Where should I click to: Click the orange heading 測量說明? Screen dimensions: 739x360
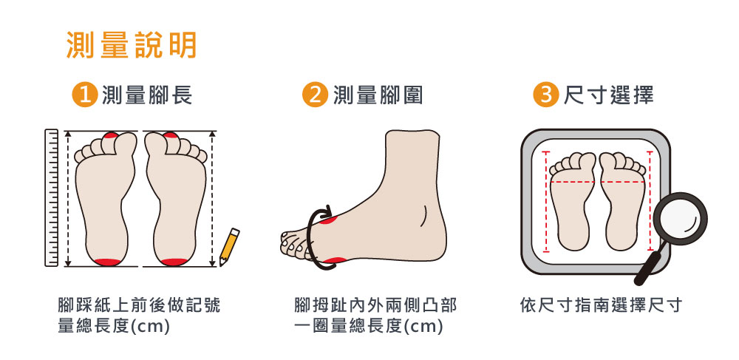[x=132, y=46]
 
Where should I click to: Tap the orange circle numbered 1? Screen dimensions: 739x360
[x=84, y=95]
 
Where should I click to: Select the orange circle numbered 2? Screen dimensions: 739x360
[x=315, y=95]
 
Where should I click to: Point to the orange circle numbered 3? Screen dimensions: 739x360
[x=546, y=95]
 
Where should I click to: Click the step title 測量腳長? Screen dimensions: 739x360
[x=147, y=95]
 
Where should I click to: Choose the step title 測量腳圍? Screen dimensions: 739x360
[x=378, y=95]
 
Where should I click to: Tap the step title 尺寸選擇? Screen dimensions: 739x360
[x=609, y=95]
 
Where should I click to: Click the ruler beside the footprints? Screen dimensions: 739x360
[x=52, y=198]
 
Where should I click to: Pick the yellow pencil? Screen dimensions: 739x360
[x=229, y=246]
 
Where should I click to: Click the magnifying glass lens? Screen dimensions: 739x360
[x=680, y=219]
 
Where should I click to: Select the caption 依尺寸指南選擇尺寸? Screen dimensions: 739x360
[x=601, y=305]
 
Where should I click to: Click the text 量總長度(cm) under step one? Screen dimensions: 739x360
[x=113, y=326]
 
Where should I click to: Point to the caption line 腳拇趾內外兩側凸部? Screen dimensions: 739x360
[x=375, y=305]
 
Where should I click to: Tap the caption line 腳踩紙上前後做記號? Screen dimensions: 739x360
[x=139, y=305]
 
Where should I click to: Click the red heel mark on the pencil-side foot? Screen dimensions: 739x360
[x=174, y=262]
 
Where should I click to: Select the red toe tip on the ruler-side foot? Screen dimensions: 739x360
[x=111, y=135]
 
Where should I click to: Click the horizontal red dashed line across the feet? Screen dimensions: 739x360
[x=597, y=181]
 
